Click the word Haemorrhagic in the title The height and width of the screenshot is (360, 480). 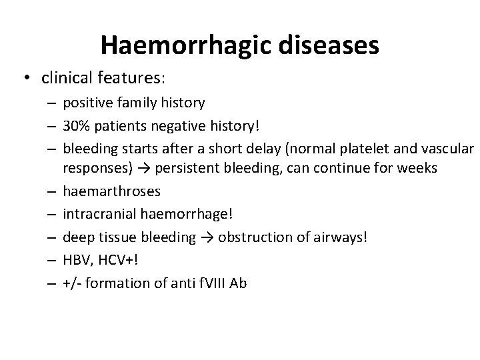(175, 45)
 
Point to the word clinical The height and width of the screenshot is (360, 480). (64, 79)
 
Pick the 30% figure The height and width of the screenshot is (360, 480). (77, 126)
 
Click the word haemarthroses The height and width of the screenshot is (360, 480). (111, 191)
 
